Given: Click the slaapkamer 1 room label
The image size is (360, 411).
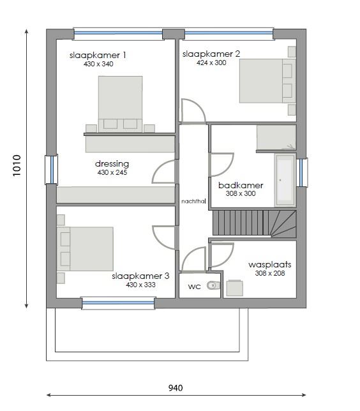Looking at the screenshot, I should [x=98, y=56].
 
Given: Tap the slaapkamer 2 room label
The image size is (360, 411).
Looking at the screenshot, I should [x=211, y=54].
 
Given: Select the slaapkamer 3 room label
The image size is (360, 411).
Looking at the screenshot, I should [x=140, y=276].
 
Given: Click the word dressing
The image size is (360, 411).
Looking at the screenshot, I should [x=112, y=163].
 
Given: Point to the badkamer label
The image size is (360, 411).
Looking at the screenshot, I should [x=241, y=185].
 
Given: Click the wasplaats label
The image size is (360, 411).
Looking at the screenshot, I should [x=269, y=264].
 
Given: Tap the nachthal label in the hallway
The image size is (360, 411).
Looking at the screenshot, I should [x=193, y=200].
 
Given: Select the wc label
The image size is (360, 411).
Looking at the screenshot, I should [x=194, y=287].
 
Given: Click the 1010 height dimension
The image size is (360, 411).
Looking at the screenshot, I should [x=17, y=168].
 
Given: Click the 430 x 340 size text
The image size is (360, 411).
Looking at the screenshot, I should [x=98, y=64].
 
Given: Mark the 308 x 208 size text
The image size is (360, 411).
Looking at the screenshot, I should [x=270, y=273].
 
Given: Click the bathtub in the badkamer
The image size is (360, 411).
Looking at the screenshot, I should [x=285, y=180].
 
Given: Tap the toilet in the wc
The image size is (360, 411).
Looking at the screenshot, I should [x=214, y=287].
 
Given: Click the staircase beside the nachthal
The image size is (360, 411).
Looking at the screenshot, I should [x=254, y=223].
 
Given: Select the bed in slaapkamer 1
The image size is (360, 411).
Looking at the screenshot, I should [x=120, y=103].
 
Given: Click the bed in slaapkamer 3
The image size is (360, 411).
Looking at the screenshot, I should [x=87, y=248].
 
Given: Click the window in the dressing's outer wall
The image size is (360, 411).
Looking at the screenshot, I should [x=51, y=169].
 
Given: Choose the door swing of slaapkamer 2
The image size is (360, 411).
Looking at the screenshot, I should [x=192, y=110].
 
